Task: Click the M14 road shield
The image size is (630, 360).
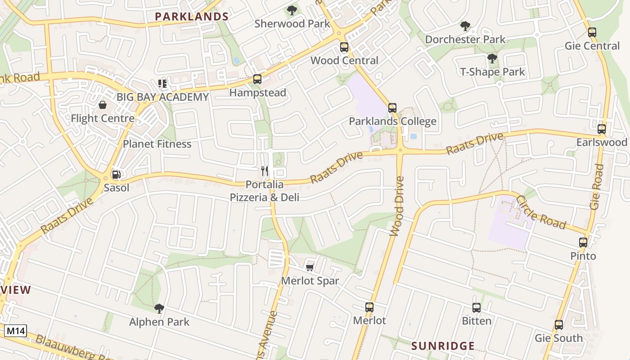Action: tap(15, 332)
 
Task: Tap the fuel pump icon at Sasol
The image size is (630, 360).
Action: tap(116, 175)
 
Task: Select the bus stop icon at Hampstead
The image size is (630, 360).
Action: tap(257, 79)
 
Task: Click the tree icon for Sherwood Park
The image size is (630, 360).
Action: tap(292, 10)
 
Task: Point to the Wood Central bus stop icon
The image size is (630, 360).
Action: tap(344, 47)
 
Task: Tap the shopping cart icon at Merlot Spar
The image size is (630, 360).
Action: tap(310, 267)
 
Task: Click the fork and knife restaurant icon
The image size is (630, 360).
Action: tap(265, 171)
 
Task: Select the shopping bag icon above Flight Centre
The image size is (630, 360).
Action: tap(103, 105)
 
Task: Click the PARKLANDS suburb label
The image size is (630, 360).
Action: tap(192, 17)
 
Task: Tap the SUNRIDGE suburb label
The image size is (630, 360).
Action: tap(443, 346)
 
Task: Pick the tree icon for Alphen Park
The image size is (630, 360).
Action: tap(159, 309)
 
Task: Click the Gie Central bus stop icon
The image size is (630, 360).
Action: tap(592, 32)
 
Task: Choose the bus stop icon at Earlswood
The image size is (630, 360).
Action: tap(602, 129)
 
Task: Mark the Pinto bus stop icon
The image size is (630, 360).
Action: tap(583, 243)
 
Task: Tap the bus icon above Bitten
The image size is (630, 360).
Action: tap(477, 308)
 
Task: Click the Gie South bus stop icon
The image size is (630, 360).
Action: tap(559, 325)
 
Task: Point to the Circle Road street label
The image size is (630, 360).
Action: tap(540, 212)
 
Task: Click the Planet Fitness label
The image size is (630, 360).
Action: tap(157, 144)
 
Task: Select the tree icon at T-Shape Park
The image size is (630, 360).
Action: tap(492, 58)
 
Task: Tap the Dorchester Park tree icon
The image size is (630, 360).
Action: tap(465, 26)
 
